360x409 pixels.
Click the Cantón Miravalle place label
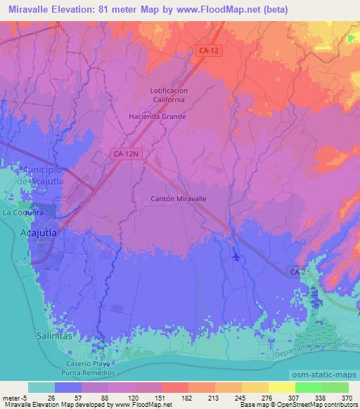179,199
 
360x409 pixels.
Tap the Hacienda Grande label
157,117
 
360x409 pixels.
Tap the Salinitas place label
53,337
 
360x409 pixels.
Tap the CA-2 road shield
297,271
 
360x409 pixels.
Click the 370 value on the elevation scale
344,397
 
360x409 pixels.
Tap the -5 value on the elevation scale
24,397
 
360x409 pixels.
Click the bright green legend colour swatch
309,387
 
